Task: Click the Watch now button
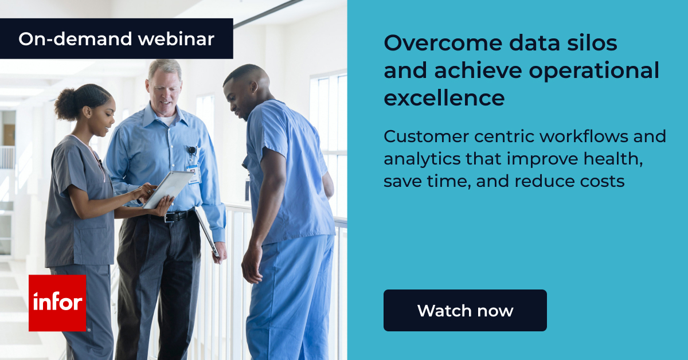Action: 465,310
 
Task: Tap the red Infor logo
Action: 57,303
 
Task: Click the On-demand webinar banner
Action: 116,38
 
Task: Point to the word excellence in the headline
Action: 444,98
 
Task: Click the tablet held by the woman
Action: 169,189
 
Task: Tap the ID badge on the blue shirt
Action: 193,172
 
